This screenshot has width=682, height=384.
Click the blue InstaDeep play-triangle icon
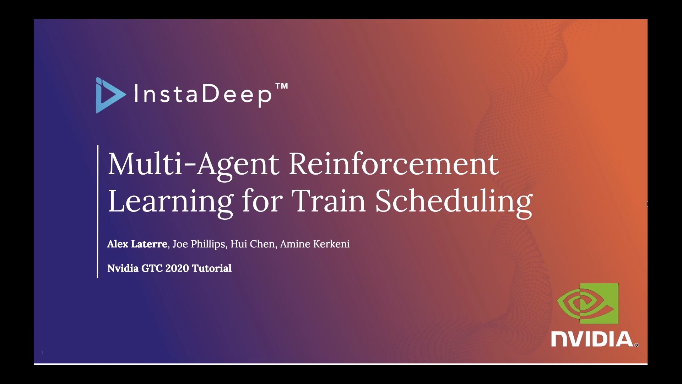(x=110, y=95)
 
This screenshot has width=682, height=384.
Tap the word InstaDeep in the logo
(x=203, y=94)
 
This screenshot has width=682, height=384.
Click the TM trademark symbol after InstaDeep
(x=282, y=86)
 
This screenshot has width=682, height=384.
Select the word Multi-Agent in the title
(x=194, y=164)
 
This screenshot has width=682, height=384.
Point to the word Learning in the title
(x=170, y=202)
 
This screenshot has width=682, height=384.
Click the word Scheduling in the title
(x=454, y=202)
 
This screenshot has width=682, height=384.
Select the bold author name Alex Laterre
(x=137, y=244)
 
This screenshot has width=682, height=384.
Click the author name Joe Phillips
(x=199, y=244)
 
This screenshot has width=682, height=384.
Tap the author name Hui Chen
(x=253, y=244)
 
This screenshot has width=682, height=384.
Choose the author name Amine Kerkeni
(x=315, y=244)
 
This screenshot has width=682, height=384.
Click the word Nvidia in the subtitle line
(x=123, y=268)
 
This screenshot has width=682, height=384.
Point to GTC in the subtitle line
(x=152, y=268)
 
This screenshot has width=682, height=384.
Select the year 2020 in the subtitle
(x=177, y=268)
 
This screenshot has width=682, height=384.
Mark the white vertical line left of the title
(x=97, y=211)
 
